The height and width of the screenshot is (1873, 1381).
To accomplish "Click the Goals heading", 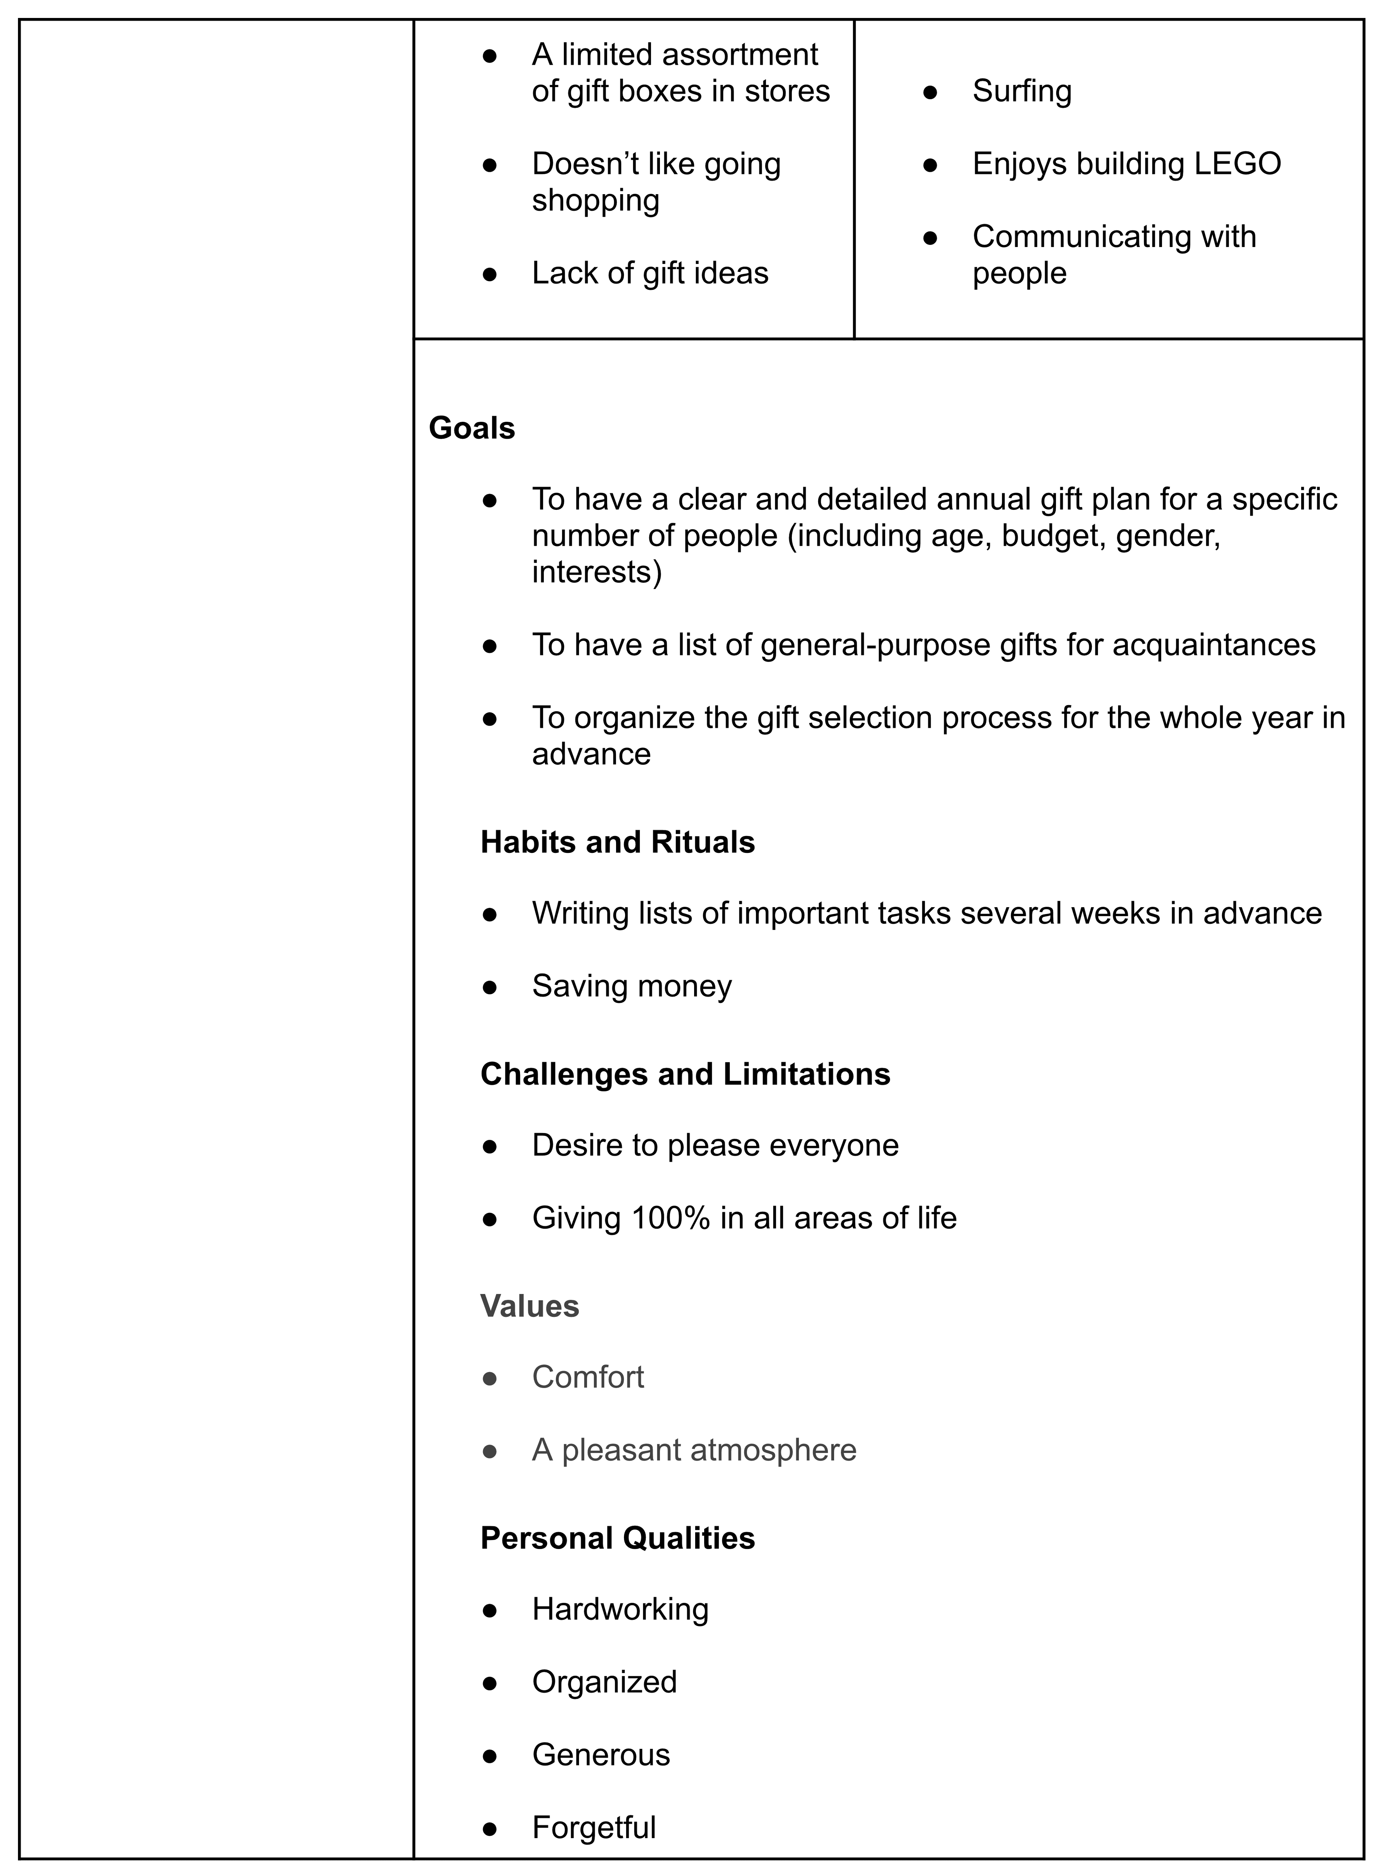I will [x=471, y=428].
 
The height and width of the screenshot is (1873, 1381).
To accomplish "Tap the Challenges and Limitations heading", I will [x=685, y=1074].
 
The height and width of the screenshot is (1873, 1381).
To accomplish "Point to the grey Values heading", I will [x=529, y=1306].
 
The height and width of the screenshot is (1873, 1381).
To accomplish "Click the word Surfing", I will [x=1021, y=91].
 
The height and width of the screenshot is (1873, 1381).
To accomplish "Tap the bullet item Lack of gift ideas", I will [x=650, y=273].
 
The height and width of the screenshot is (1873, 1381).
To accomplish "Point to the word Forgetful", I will [x=593, y=1827].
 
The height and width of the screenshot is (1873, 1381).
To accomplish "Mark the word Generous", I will [x=601, y=1754].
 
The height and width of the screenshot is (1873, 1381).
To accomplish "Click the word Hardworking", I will [x=620, y=1609].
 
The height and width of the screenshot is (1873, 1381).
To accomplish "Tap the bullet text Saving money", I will [x=631, y=986].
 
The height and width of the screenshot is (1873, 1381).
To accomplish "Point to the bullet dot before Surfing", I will [x=930, y=92].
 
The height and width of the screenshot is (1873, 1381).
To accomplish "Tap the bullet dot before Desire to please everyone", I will [x=490, y=1146].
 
